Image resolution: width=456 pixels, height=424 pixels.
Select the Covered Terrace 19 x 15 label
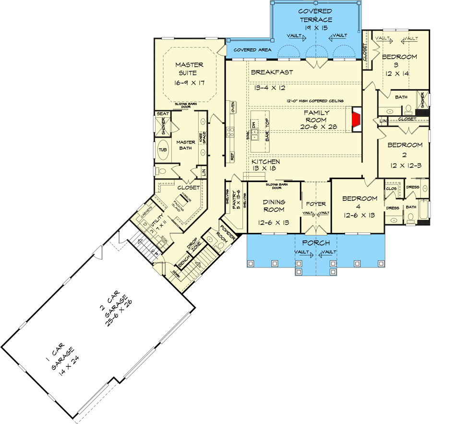click(x=316, y=20)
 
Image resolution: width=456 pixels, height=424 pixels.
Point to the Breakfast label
click(x=272, y=73)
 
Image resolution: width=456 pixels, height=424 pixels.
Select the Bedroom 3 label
click(x=399, y=64)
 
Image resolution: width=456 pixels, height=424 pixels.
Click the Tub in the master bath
click(x=163, y=150)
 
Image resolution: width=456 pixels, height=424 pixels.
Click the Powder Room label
click(x=228, y=234)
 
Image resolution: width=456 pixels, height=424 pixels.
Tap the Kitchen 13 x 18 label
click(x=266, y=165)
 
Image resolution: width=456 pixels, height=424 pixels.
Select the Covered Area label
click(x=252, y=50)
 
